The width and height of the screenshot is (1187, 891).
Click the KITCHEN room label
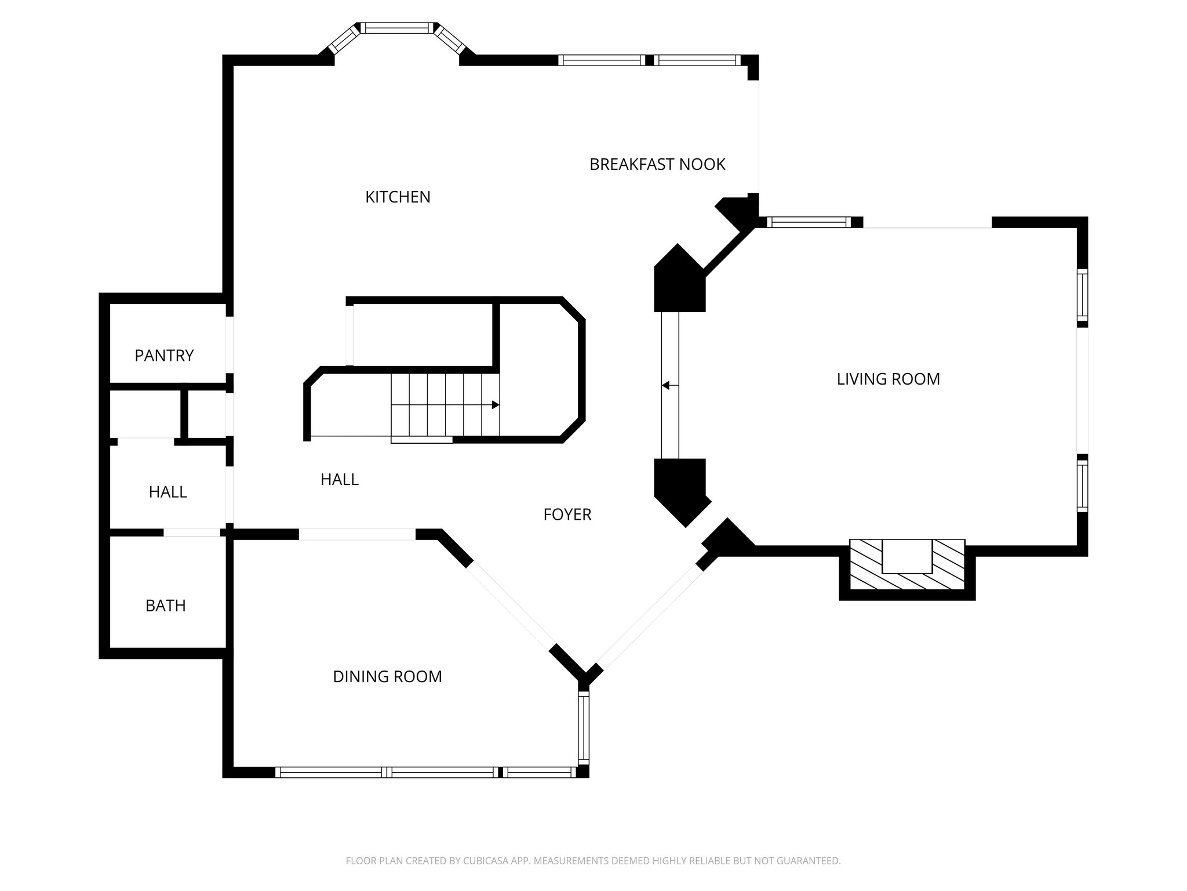pos(398,197)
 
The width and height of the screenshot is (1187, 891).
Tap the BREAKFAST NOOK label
pos(657,165)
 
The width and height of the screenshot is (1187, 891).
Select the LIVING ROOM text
pos(888,379)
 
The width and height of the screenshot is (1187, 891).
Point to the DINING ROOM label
pos(387,676)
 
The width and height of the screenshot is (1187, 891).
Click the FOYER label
pos(567,515)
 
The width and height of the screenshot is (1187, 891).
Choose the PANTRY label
pos(164,356)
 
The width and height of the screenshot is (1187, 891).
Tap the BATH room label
pos(165,606)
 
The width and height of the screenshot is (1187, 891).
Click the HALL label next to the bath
pos(168,492)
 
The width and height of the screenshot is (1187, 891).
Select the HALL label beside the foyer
pos(339,479)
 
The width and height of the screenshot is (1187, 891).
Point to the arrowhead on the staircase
pos(496,405)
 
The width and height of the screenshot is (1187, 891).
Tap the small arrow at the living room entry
pos(666,385)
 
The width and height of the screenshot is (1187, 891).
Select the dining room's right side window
pos(583,728)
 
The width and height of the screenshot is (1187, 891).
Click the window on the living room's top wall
pos(809,222)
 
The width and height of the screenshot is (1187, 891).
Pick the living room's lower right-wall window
pos(1082,484)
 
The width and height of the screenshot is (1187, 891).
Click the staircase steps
pos(445,404)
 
